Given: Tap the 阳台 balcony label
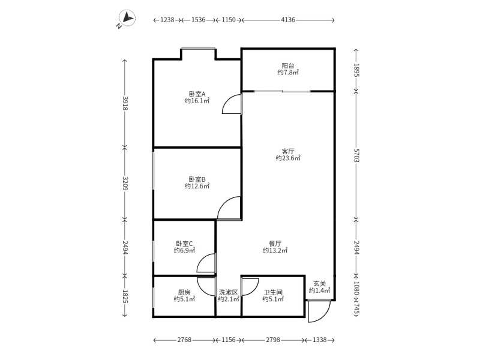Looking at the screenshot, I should point(288,65).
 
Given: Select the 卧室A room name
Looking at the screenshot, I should point(197,94).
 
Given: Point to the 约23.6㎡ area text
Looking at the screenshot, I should point(288,158).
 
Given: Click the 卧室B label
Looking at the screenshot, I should point(197,179).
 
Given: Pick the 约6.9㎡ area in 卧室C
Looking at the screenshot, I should point(184,251).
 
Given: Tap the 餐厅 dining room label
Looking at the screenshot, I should point(275,244).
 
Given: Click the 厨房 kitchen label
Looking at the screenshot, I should point(184,292).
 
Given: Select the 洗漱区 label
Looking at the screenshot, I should point(228,292).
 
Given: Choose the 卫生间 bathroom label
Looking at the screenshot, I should point(273,292).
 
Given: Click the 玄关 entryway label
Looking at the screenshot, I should point(320,284).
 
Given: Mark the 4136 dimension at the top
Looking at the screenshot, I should point(288,20).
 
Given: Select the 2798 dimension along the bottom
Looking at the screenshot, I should point(273,340).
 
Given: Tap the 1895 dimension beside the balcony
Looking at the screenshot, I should point(356,70).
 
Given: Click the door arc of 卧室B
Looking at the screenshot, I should point(230,209).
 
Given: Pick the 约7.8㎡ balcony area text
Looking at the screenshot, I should point(288,73).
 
